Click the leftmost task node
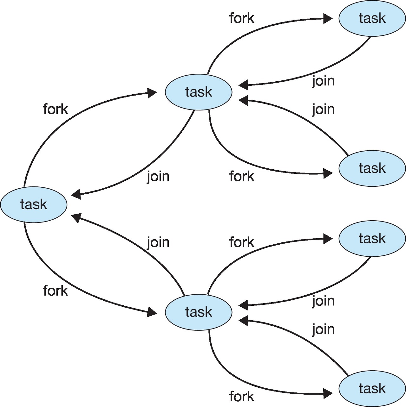click(34, 204)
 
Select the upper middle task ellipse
click(199, 92)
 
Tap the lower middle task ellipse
click(199, 312)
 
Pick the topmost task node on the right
click(372, 18)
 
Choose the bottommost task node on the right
click(372, 388)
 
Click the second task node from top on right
click(372, 168)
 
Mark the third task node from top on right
click(372, 238)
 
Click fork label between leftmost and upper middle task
click(55, 109)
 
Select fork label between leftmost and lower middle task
click(55, 291)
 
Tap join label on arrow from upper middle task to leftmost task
click(158, 176)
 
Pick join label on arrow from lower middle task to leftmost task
click(158, 242)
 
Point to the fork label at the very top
click(242, 18)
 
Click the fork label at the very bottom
click(242, 396)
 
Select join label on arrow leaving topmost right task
click(323, 81)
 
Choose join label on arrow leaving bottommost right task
click(323, 329)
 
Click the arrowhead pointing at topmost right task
click(328, 19)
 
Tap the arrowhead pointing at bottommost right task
click(328, 394)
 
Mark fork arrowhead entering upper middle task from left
click(153, 93)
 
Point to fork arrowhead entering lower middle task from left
click(153, 313)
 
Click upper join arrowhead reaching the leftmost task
click(76, 195)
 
